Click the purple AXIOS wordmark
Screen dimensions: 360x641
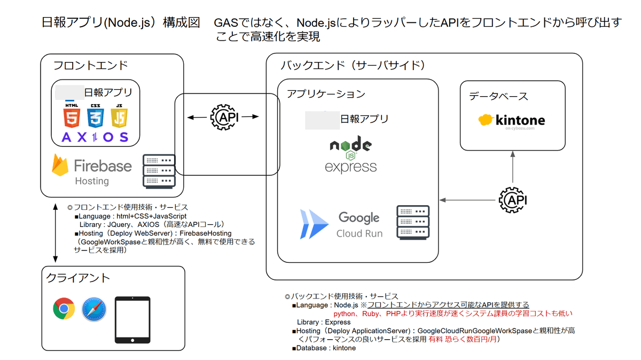pos(95,137)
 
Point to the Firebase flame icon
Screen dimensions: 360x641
pos(60,165)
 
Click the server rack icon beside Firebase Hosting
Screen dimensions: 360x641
pos(159,171)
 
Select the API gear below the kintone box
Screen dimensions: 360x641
pos(512,200)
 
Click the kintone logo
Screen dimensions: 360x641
pos(512,120)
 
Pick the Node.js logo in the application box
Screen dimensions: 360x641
pos(350,145)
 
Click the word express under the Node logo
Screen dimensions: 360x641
pos(350,167)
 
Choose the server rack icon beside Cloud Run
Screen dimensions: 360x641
pos(413,222)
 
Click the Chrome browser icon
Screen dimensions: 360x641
pos(64,309)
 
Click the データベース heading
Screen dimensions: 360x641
pos(498,96)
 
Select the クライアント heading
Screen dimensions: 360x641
pos(78,278)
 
